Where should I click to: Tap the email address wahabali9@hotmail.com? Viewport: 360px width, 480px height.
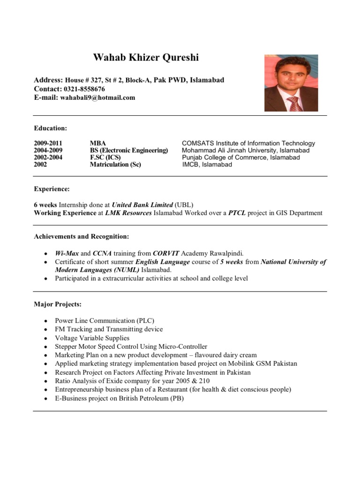click(97, 97)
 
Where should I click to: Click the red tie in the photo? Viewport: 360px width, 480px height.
click(294, 103)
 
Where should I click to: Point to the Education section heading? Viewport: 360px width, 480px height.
click(50, 128)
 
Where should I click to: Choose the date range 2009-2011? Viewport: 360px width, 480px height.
click(48, 143)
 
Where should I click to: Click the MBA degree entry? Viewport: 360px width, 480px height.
click(98, 143)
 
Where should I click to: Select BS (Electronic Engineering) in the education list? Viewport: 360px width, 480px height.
click(128, 150)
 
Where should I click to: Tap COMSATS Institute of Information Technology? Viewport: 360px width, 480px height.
click(248, 143)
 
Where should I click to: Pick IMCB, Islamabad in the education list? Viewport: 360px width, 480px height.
click(207, 165)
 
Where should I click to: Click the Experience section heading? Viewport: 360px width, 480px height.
click(52, 189)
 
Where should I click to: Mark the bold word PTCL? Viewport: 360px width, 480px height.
click(237, 213)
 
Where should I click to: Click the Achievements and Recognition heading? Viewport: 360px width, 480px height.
click(81, 236)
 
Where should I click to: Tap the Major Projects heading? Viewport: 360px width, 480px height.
click(58, 304)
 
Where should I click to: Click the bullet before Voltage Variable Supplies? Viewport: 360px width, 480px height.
click(45, 338)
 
